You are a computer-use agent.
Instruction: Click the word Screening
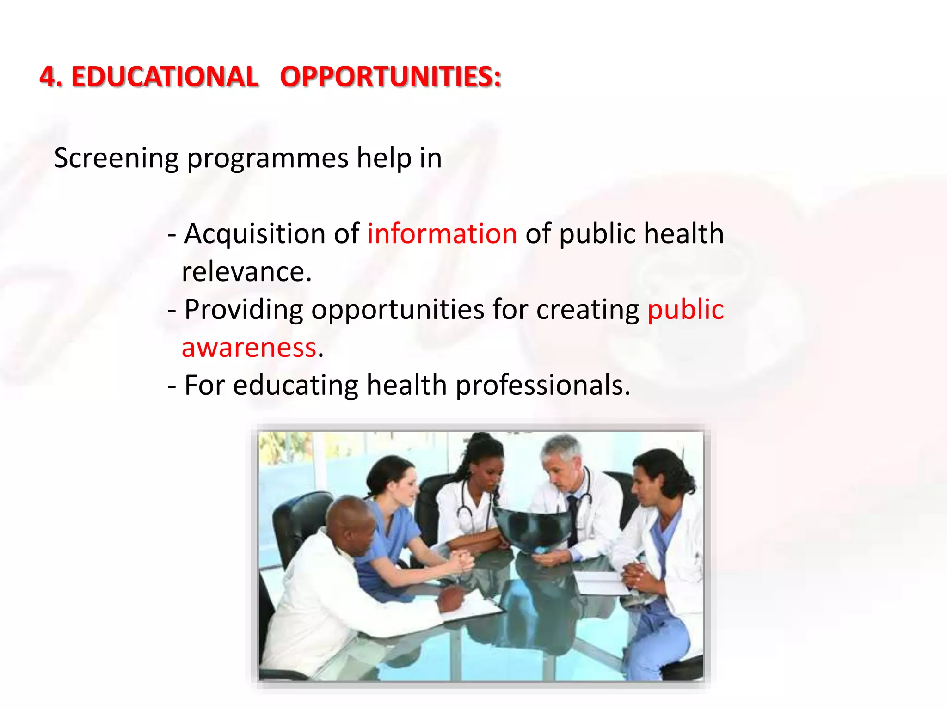click(116, 159)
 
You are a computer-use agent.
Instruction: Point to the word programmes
click(267, 159)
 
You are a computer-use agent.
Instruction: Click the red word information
click(442, 233)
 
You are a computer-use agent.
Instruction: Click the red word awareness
click(249, 348)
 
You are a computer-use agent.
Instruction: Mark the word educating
click(295, 385)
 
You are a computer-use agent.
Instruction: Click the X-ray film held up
click(532, 527)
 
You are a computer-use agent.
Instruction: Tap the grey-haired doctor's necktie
click(572, 518)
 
